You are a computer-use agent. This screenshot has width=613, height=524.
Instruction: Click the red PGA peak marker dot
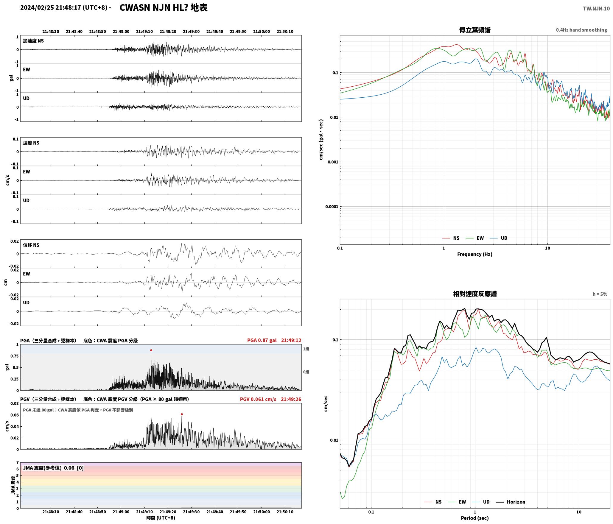click(x=151, y=350)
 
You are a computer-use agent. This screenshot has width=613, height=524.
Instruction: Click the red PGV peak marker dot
click(x=182, y=414)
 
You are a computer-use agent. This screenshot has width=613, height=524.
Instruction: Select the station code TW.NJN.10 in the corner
click(x=596, y=9)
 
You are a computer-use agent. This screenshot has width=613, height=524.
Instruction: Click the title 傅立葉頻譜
click(x=475, y=30)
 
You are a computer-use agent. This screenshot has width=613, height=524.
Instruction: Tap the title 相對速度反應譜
click(x=475, y=294)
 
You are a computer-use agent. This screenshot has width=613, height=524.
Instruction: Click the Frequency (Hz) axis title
click(x=475, y=254)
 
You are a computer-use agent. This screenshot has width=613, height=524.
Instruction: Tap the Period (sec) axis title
click(x=475, y=518)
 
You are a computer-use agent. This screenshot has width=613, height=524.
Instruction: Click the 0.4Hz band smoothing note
click(x=581, y=30)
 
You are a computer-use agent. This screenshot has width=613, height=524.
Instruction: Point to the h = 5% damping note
click(x=600, y=294)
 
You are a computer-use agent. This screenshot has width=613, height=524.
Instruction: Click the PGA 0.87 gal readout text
click(x=262, y=340)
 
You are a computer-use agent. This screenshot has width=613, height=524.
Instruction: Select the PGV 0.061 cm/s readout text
click(x=258, y=399)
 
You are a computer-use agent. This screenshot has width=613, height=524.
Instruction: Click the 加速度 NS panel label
click(x=33, y=41)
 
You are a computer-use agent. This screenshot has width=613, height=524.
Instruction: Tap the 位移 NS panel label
click(x=31, y=245)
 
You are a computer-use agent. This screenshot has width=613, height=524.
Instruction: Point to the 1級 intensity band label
click(x=306, y=349)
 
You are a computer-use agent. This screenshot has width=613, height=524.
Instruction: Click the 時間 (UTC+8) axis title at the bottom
click(x=161, y=518)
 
